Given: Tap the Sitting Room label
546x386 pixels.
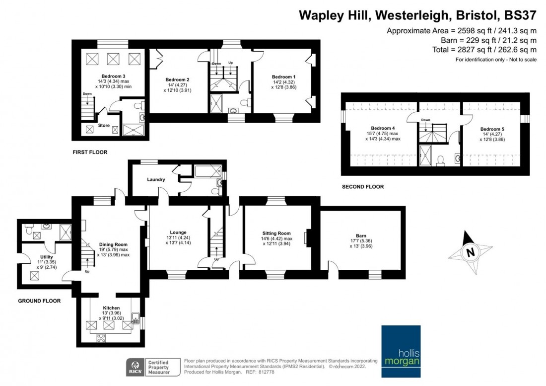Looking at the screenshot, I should [x=276, y=233].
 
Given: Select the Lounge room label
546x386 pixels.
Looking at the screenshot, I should [x=178, y=232].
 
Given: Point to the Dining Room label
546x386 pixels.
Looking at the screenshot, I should [x=114, y=244].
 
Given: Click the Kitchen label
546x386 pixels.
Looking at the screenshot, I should [x=111, y=308].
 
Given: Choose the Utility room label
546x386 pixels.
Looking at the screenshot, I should [x=47, y=257].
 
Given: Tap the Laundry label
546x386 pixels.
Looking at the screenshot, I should [x=156, y=179].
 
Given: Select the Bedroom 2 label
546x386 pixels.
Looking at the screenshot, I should [x=177, y=79].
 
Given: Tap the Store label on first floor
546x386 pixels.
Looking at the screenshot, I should [x=104, y=126].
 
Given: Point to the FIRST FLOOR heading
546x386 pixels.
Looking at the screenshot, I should [x=90, y=152].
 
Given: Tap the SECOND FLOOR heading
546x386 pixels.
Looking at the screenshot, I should [x=362, y=187].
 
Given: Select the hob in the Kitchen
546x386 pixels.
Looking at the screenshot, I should [x=101, y=338].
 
